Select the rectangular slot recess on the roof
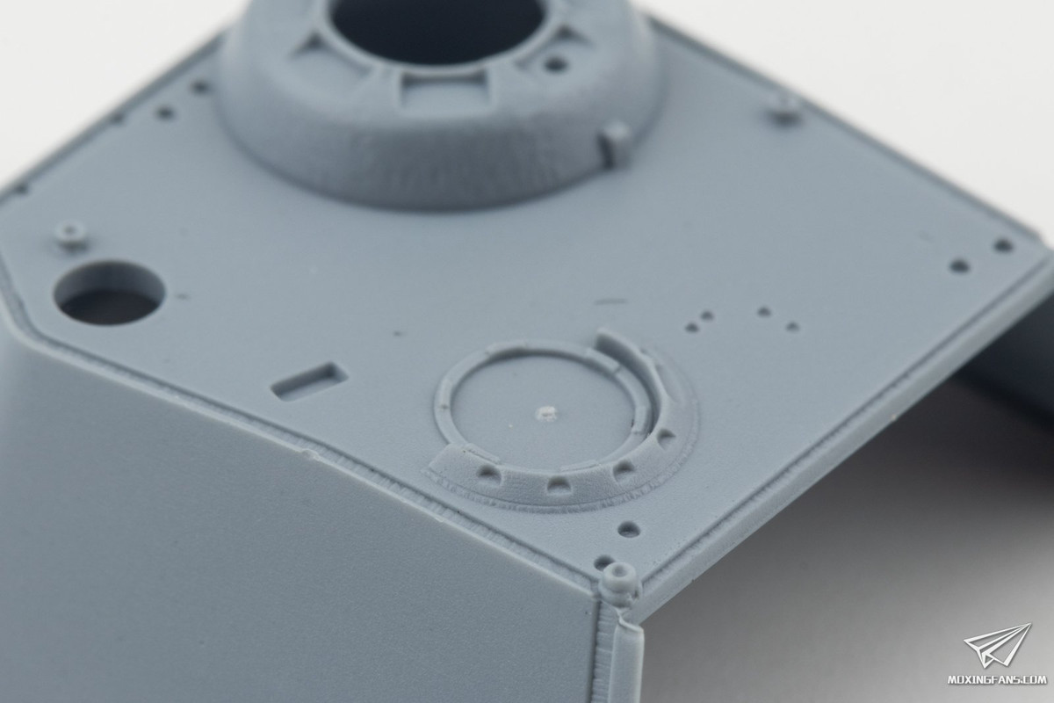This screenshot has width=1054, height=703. pos(309,380)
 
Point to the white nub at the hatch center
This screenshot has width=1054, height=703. pos(545,413)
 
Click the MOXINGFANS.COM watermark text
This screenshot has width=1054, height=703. pos(996,680)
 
